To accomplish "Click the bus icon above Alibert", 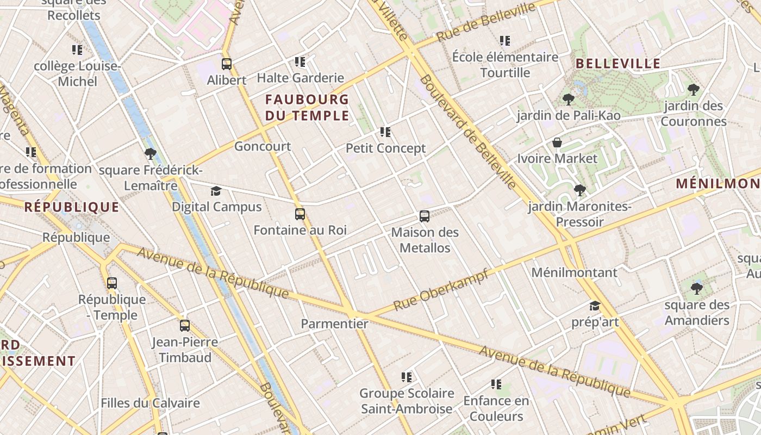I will (x=227, y=64).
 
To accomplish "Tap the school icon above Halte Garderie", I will (x=300, y=62).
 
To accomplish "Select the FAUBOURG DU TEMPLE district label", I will (x=307, y=107).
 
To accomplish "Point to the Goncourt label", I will (x=263, y=146).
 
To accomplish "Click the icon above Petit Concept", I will (x=385, y=132).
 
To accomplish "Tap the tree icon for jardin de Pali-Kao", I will (x=569, y=100).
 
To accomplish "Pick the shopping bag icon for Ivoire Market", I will (x=557, y=143).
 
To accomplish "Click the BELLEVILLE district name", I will (x=618, y=64).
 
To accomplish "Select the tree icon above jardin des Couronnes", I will (x=693, y=90).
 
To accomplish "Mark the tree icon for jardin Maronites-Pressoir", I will (x=579, y=190).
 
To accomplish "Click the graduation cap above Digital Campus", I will (x=216, y=191).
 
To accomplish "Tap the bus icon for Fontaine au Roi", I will (x=300, y=214).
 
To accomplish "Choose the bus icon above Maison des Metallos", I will (x=425, y=216).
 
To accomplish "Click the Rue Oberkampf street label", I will (x=441, y=290).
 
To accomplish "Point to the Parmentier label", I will (x=334, y=324).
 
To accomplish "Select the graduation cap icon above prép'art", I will (x=595, y=306).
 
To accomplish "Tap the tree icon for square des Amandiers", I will (x=696, y=288).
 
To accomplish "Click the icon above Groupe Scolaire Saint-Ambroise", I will (x=406, y=377).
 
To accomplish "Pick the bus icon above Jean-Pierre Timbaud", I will (x=185, y=326).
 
